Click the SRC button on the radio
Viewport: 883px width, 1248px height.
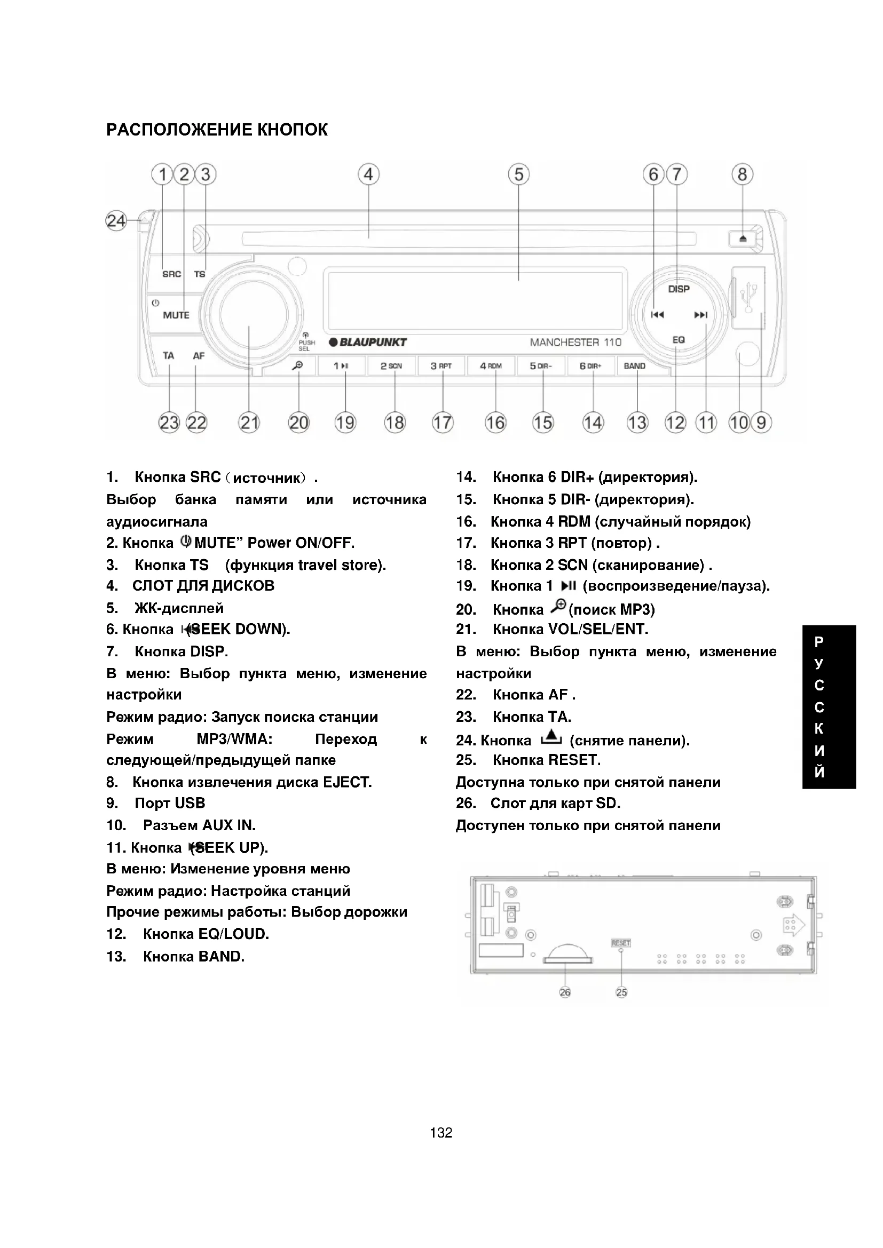pos(172,274)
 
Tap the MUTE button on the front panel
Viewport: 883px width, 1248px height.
pos(176,315)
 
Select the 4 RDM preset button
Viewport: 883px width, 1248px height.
pos(491,366)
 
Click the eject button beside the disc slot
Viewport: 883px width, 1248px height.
pos(743,239)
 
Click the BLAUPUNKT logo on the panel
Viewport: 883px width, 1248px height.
pos(368,343)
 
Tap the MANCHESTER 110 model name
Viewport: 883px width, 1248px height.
pos(575,343)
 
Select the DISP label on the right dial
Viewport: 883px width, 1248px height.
pos(679,289)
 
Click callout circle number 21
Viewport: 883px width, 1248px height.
pos(249,423)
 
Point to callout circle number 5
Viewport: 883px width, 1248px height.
pos(519,174)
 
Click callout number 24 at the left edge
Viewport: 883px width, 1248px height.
pos(116,221)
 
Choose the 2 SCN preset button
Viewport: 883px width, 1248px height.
pos(391,366)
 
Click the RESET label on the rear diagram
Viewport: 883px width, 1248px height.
pos(621,943)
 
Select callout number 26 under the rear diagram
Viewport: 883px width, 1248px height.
pos(565,992)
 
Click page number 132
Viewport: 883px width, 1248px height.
pos(441,1133)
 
